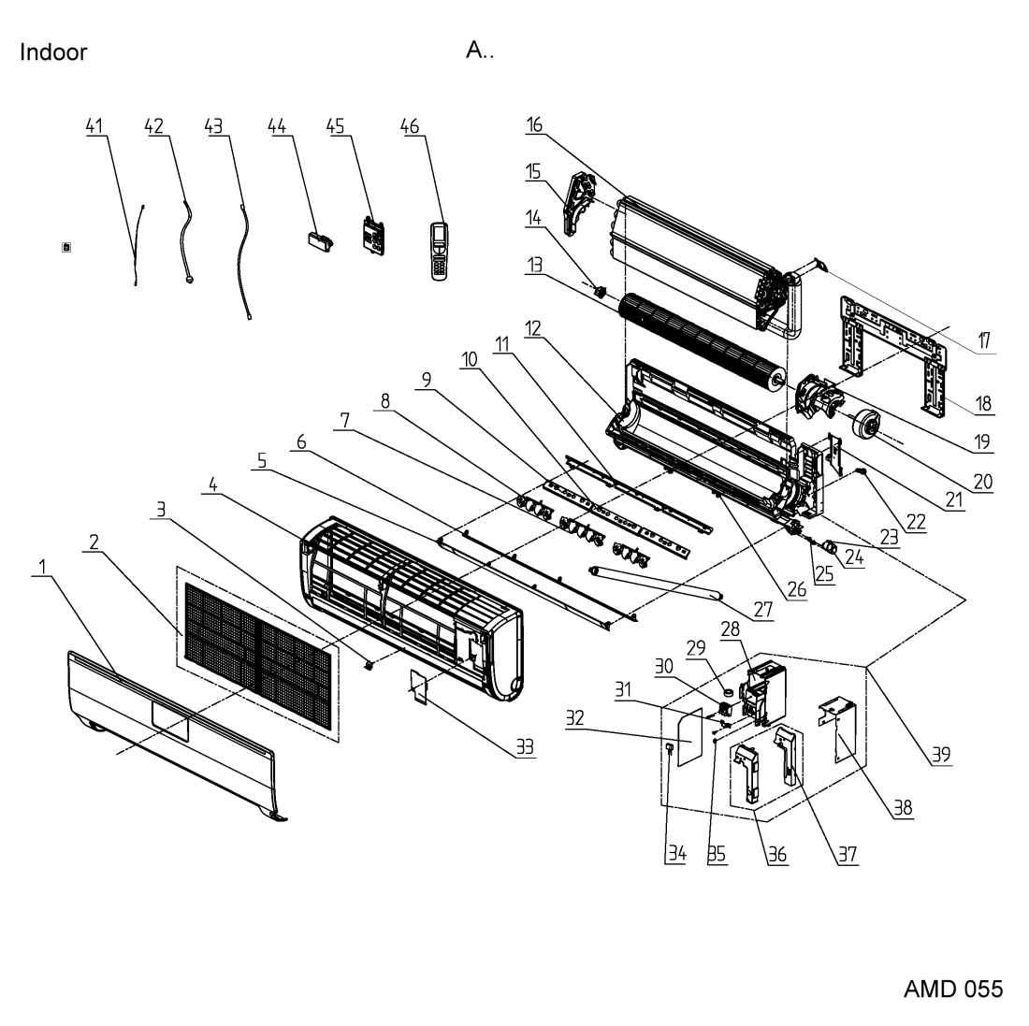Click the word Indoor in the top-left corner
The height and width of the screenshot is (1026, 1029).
53,51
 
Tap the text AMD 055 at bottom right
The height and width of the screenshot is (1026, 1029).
953,989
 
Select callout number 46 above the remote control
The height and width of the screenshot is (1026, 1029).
410,126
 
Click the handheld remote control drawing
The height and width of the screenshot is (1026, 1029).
439,252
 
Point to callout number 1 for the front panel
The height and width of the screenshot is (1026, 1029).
43,567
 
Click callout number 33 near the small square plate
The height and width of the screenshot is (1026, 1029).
525,746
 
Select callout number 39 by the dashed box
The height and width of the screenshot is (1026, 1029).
941,755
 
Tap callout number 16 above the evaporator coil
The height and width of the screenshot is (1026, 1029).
534,124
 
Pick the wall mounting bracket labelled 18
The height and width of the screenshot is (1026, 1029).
893,354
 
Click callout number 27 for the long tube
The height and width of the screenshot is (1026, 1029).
763,610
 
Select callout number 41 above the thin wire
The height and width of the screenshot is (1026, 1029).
94,126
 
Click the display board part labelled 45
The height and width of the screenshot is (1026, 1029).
372,236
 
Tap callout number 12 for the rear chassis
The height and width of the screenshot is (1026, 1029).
533,328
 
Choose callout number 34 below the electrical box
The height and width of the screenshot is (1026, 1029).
677,853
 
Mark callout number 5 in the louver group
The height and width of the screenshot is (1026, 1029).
262,460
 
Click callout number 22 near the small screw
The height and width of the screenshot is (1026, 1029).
916,522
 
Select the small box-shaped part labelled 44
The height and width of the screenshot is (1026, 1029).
320,240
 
